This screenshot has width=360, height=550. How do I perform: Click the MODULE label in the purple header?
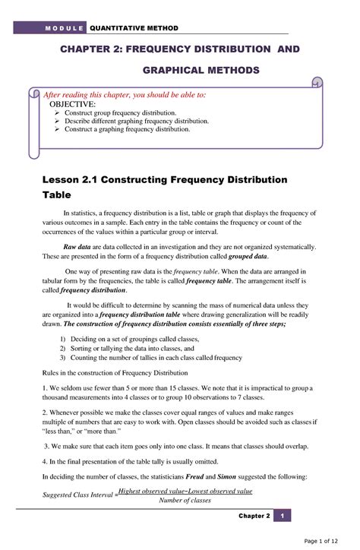pos(65,28)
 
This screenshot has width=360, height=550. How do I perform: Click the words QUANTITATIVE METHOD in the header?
pos(134,28)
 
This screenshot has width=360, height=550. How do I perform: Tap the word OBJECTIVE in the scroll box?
pos(73,104)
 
